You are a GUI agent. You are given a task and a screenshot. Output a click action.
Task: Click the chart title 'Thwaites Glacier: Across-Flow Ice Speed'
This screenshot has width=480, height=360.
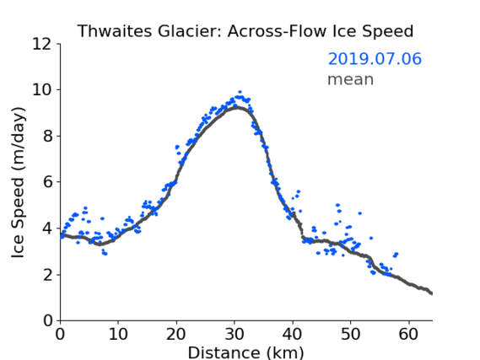pyautogui.click(x=245, y=31)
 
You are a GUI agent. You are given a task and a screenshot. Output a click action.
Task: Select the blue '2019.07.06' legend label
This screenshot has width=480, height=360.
pyautogui.click(x=375, y=59)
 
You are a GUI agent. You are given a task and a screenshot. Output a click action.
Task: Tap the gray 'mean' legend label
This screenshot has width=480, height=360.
pyautogui.click(x=351, y=79)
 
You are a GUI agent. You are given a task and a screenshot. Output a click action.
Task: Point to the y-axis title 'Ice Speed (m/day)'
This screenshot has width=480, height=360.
pyautogui.click(x=18, y=183)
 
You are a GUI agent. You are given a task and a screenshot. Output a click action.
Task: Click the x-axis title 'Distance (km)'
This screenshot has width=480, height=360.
pyautogui.click(x=245, y=352)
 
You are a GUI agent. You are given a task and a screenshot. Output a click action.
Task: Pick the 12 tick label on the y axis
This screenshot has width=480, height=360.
pyautogui.click(x=42, y=45)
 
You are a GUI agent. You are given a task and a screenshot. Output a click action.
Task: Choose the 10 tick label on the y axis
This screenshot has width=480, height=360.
pyautogui.click(x=42, y=90)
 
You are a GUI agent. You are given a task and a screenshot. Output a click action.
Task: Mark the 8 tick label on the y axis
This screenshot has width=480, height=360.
pyautogui.click(x=47, y=136)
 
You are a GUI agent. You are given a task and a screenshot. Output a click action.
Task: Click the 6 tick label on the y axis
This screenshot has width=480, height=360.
pyautogui.click(x=47, y=182)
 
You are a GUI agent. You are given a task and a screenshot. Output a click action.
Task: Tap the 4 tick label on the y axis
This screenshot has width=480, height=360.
pyautogui.click(x=47, y=228)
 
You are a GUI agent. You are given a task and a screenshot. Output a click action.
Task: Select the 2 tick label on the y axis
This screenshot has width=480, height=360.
pyautogui.click(x=47, y=275)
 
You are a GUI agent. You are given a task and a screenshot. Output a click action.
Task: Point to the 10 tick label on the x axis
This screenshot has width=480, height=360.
pyautogui.click(x=118, y=334)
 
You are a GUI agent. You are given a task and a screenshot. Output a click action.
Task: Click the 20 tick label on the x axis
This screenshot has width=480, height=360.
pyautogui.click(x=176, y=334)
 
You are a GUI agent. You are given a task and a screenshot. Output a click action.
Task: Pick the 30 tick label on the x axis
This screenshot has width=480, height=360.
pyautogui.click(x=235, y=334)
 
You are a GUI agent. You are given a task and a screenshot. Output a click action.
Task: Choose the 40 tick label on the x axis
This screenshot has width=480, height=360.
pyautogui.click(x=293, y=334)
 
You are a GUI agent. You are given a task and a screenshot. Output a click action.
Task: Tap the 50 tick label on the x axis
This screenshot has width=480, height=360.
pyautogui.click(x=351, y=334)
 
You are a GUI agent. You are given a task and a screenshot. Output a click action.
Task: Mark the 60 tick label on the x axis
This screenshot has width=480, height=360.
pyautogui.click(x=408, y=334)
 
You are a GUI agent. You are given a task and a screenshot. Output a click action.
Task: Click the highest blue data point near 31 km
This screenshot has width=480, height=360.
pyautogui.click(x=240, y=92)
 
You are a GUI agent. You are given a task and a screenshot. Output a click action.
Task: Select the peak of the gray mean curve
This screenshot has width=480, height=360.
pyautogui.click(x=237, y=107)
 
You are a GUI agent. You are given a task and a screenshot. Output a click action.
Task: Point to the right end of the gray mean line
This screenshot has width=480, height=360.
pyautogui.click(x=432, y=293)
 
